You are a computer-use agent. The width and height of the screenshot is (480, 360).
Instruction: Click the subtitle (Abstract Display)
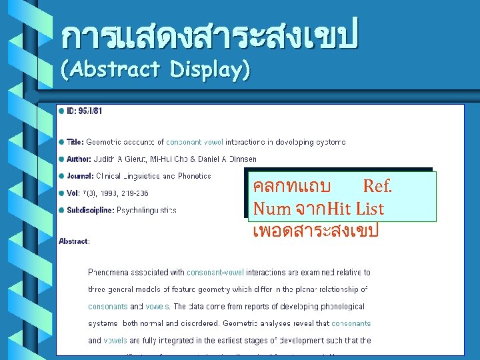pyautogui.click(x=155, y=69)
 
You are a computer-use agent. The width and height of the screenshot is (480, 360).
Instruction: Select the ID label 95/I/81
pyautogui.click(x=89, y=111)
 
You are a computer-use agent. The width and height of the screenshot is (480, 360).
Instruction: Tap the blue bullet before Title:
pyautogui.click(x=61, y=141)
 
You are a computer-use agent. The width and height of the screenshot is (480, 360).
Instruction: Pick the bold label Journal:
pyautogui.click(x=79, y=176)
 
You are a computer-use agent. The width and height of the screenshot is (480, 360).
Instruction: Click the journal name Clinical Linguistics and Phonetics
pyautogui.click(x=153, y=176)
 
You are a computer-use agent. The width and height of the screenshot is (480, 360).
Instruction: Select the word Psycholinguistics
pyautogui.click(x=147, y=210)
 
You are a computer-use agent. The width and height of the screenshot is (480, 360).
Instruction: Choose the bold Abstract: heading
pyautogui.click(x=74, y=241)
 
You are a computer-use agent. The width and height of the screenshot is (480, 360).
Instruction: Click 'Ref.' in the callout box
pyautogui.click(x=377, y=185)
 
